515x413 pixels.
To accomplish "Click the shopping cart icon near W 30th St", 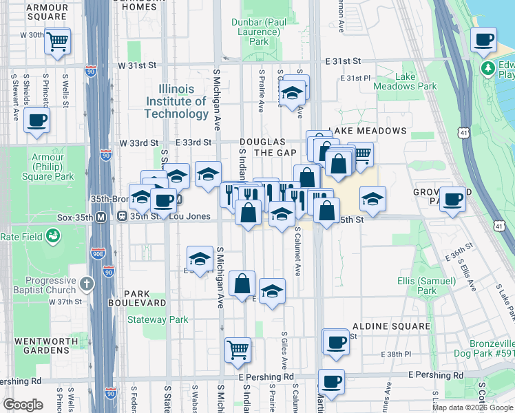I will [x=58, y=41].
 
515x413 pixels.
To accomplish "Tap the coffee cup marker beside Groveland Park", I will [x=452, y=199].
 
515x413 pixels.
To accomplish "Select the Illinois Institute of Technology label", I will [x=176, y=101].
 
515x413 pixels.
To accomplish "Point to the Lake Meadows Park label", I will [x=405, y=81].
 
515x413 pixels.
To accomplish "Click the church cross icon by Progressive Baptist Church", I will [x=87, y=283].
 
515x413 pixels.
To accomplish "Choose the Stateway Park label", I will [x=158, y=319].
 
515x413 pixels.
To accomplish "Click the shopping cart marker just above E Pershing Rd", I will [x=238, y=349].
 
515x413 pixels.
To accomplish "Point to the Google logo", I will [x=23, y=405].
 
